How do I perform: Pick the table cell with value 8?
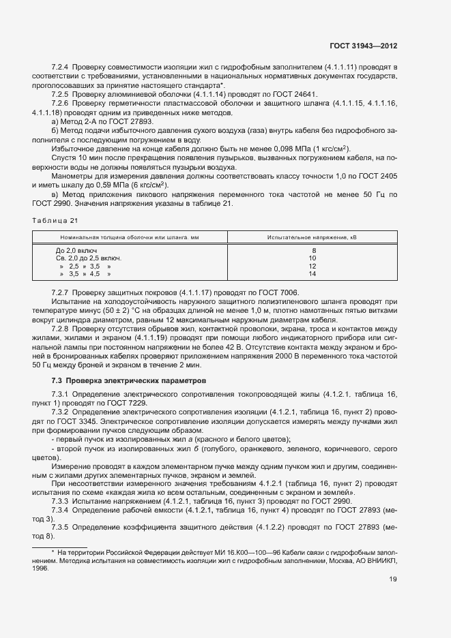312,250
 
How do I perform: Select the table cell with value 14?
312,274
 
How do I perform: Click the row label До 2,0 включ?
76,250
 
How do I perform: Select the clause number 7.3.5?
61,528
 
